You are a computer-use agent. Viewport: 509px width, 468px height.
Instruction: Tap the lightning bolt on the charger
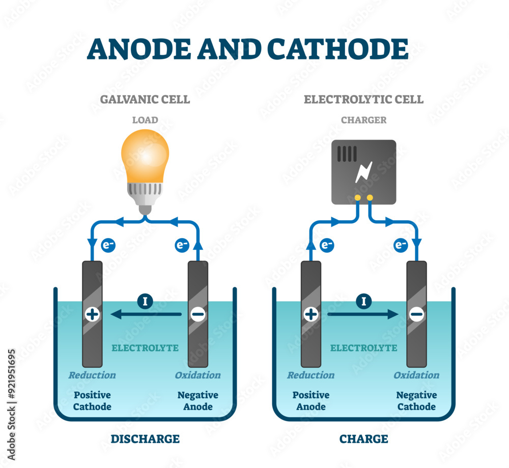(x=364, y=172)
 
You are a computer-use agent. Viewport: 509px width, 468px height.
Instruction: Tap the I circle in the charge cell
(x=363, y=302)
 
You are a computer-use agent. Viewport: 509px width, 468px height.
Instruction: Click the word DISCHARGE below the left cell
(x=145, y=438)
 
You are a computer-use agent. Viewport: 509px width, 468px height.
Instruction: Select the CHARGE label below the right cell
(x=363, y=438)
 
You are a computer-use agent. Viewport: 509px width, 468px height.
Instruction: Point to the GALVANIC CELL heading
(x=145, y=99)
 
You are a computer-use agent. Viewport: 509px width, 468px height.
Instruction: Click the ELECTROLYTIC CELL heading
(x=363, y=99)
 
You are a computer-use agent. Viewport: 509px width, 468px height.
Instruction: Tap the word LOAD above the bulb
(x=145, y=121)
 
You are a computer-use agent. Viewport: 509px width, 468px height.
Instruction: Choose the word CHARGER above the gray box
(x=363, y=121)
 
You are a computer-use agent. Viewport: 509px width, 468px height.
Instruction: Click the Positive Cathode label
(x=92, y=400)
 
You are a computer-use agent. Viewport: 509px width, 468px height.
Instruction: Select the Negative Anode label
(x=198, y=400)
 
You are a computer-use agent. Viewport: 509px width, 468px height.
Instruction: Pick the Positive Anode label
(x=310, y=400)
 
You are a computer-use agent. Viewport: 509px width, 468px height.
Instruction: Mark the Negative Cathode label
(x=416, y=400)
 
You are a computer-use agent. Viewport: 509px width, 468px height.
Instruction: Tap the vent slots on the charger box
(x=348, y=154)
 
